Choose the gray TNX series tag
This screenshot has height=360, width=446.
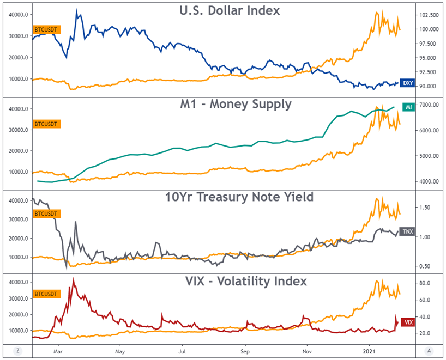[x=407, y=231]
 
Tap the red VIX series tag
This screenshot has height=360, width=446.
[x=407, y=322]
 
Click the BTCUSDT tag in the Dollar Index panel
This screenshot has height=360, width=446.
[x=47, y=28]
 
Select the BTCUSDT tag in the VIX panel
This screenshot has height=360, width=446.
[x=47, y=293]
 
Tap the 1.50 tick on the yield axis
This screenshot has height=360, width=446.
[x=426, y=208]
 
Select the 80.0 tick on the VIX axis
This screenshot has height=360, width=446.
[x=426, y=283]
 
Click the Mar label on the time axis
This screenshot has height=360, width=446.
[x=59, y=351]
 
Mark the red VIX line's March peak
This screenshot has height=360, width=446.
[x=73, y=279]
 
